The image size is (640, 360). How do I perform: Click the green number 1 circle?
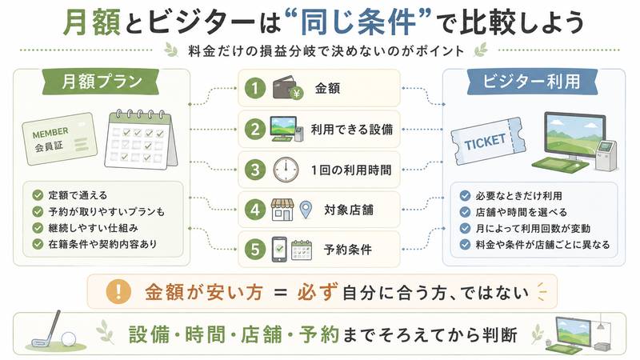click(255, 88)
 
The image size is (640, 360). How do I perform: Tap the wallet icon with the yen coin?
click(288, 88)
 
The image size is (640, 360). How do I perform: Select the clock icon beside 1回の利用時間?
click(286, 170)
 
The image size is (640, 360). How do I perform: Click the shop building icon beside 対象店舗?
click(282, 210)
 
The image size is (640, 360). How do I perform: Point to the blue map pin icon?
click(306, 210)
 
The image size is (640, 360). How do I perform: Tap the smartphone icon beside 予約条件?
click(279, 250)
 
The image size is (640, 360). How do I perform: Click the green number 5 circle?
click(255, 250)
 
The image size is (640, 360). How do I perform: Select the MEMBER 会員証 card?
click(59, 138)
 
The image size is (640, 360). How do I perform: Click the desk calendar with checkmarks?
click(141, 139)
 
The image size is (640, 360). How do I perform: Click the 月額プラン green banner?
click(101, 82)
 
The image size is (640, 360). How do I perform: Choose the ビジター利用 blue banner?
click(532, 82)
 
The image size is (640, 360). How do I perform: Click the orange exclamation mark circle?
click(118, 292)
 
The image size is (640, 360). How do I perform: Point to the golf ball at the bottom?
click(69, 338)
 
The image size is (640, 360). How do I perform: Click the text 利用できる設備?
click(352, 130)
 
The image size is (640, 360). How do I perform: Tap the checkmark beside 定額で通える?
click(38, 195)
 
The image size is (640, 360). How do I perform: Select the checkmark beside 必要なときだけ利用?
click(465, 196)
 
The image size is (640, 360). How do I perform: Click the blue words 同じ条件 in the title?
click(358, 22)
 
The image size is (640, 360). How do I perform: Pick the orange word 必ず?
click(318, 292)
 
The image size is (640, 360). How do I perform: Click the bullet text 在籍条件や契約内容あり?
click(102, 244)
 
